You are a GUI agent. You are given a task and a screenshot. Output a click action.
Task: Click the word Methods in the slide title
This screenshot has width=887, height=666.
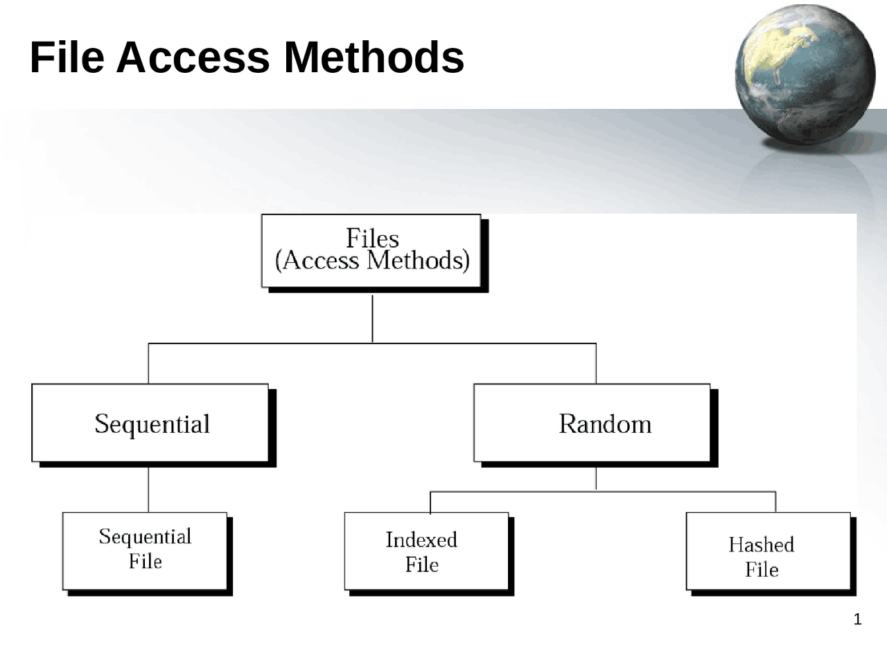(x=374, y=57)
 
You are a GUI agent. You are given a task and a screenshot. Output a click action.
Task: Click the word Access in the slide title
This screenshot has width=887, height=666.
(x=193, y=57)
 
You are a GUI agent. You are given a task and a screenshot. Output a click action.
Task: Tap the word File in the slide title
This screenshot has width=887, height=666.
(x=67, y=57)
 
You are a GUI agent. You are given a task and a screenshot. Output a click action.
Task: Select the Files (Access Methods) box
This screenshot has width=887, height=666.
(x=371, y=250)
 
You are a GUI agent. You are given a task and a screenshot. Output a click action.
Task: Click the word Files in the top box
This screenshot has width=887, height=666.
(x=372, y=239)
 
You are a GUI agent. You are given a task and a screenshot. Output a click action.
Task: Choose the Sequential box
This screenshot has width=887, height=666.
(x=150, y=423)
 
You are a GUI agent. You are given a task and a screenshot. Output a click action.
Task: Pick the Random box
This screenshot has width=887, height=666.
(x=592, y=423)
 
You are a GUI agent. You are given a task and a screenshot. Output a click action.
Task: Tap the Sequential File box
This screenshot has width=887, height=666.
(x=145, y=551)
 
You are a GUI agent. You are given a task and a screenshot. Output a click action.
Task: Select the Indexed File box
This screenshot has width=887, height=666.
(x=426, y=552)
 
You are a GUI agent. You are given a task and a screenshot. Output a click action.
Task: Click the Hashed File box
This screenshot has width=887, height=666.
(x=768, y=552)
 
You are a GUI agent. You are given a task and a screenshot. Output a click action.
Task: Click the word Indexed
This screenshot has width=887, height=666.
(x=421, y=540)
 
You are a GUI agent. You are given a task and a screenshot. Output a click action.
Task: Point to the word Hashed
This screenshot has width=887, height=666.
(x=761, y=545)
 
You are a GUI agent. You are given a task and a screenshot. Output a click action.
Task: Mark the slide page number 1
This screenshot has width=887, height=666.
(x=857, y=620)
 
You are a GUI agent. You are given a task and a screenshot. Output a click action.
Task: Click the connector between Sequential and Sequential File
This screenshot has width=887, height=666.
(x=148, y=489)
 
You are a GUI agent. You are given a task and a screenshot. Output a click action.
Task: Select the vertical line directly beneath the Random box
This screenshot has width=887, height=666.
(x=596, y=479)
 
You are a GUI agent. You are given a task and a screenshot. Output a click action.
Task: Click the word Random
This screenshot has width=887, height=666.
(x=605, y=424)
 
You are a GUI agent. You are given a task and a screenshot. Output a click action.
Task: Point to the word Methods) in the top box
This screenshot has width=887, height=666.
(x=419, y=261)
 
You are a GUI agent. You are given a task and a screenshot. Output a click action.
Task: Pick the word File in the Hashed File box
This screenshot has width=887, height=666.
(x=762, y=570)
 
